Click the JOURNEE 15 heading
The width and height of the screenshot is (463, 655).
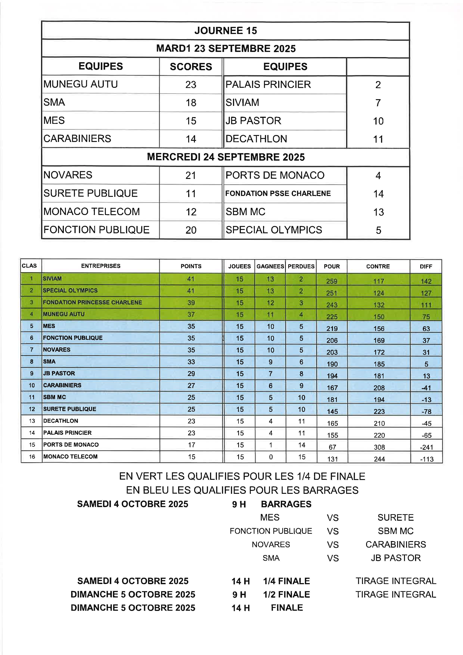226,30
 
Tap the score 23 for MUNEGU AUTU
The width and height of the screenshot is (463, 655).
191,84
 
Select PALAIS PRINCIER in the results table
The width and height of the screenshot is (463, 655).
268,84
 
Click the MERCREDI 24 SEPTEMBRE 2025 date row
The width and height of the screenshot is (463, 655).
226,157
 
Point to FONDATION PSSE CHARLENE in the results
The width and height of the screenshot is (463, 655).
278,193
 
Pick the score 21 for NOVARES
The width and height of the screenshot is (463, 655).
191,175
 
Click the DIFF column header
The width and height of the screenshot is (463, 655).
426,266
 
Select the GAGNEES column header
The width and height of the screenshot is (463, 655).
270,266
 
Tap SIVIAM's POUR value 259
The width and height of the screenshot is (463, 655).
332,281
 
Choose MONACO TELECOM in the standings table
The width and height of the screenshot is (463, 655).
70,456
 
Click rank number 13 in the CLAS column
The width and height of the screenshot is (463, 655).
32,421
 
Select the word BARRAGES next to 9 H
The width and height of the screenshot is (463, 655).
286,504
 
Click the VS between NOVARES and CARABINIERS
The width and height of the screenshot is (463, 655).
333,545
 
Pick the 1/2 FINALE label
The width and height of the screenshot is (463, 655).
287,594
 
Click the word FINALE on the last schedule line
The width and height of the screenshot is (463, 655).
287,608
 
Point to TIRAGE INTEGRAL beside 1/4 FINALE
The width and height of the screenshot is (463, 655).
396,581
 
